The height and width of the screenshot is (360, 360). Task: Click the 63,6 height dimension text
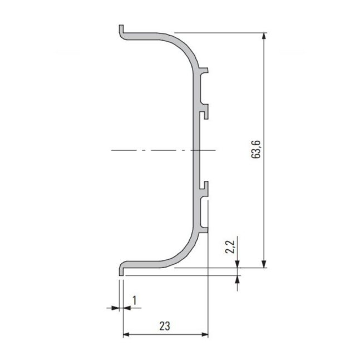click(x=256, y=149)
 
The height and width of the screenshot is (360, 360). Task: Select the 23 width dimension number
click(x=165, y=326)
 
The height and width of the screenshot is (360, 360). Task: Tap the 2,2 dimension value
click(x=230, y=246)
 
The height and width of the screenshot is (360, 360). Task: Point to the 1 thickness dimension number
click(x=135, y=300)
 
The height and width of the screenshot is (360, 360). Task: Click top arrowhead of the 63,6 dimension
click(x=264, y=36)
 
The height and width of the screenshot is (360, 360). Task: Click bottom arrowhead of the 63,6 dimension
click(x=264, y=264)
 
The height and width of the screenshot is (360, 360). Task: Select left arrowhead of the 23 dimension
click(x=126, y=334)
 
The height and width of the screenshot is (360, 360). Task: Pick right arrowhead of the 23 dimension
click(x=205, y=334)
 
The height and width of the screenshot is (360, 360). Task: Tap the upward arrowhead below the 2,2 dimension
click(x=238, y=279)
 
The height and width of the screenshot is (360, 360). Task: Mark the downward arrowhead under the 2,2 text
click(x=238, y=264)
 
